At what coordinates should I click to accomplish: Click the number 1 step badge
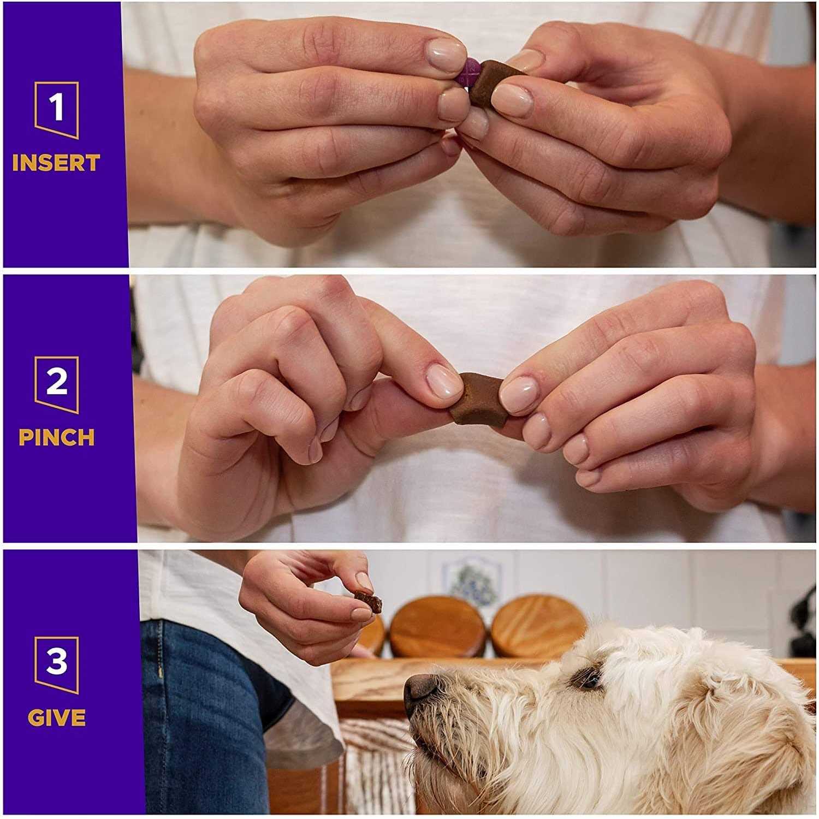56,109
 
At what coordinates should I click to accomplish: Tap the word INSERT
56,163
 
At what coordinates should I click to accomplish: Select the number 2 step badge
56,384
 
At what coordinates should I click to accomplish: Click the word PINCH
56,437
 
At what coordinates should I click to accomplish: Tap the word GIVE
56,717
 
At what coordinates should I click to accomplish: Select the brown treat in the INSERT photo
494,82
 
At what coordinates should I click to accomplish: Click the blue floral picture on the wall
477,581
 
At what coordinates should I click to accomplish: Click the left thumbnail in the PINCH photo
443,381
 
